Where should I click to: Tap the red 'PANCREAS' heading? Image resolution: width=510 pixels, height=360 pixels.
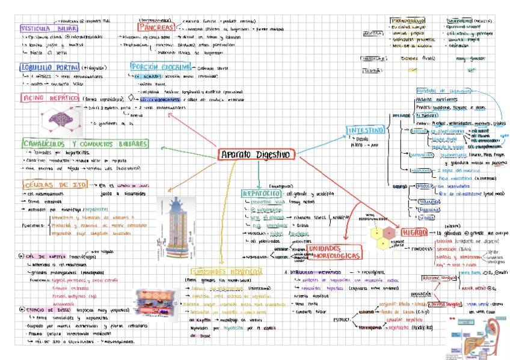tap(156, 27)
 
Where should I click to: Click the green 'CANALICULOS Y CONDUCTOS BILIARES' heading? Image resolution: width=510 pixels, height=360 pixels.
tap(83, 144)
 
